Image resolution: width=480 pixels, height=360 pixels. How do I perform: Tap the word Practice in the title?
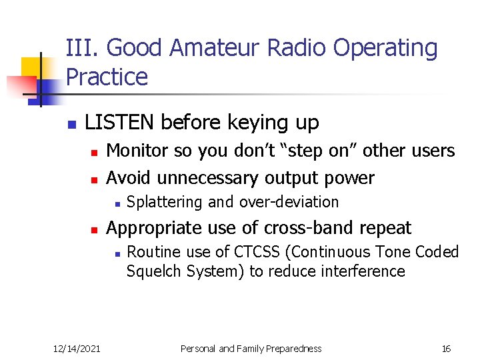107,77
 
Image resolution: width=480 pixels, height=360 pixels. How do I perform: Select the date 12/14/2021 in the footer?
77,349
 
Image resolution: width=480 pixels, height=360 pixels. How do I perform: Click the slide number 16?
446,349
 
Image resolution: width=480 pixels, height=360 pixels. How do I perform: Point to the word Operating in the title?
387,49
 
